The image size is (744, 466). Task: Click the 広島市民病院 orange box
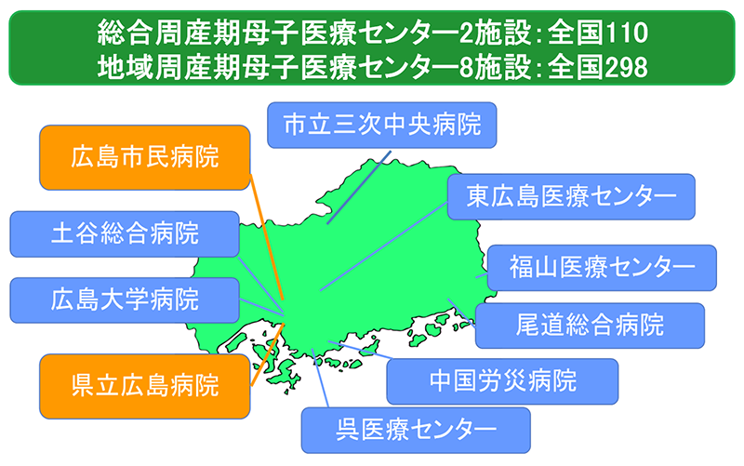coord(145,157)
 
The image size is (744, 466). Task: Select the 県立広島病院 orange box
coord(145,386)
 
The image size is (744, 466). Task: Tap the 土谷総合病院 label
coord(125,234)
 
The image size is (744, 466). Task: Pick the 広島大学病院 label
coord(125,300)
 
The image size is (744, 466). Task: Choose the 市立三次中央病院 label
coord(382,125)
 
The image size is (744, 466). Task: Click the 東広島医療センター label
coord(571,196)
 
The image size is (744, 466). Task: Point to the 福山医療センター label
coord(602,268)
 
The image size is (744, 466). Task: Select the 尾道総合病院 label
coord(590,326)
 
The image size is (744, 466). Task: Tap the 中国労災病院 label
coord(502,381)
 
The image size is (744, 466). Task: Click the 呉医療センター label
coord(416,430)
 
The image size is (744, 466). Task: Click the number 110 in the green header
coord(627,33)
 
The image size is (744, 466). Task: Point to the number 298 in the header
coord(627,67)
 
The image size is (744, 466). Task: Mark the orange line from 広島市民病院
coord(266,237)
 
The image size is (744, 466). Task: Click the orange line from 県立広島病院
coord(267,354)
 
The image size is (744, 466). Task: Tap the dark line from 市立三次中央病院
coord(359,188)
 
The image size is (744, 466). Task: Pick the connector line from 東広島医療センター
coord(384,246)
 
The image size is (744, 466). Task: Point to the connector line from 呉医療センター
coord(320,378)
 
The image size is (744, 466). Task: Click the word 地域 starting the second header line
coord(126,67)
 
